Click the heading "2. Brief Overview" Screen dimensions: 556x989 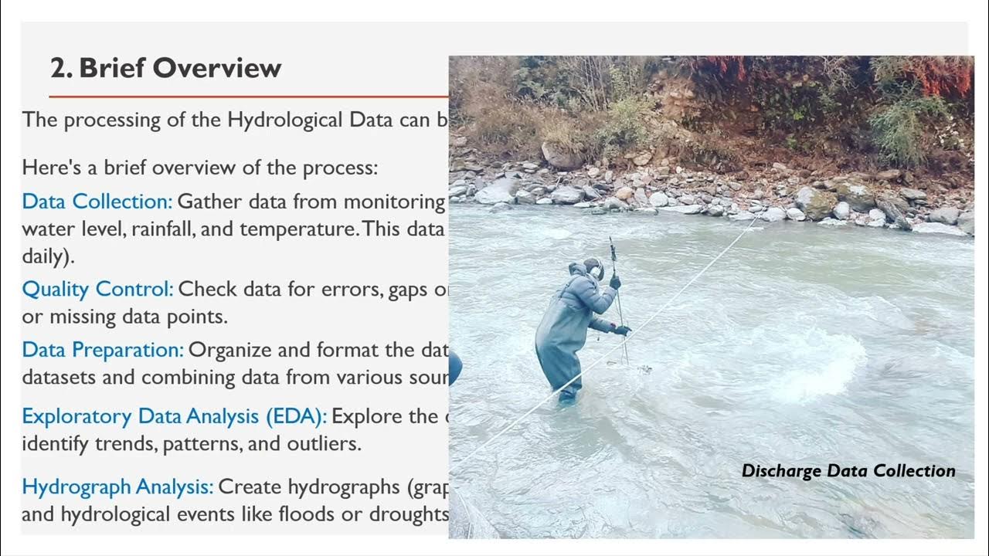[165, 68]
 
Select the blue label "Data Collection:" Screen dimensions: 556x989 [97, 202]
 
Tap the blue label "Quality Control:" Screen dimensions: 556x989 [97, 290]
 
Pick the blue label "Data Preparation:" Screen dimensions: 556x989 [103, 350]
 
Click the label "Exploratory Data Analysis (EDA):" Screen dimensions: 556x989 [174, 416]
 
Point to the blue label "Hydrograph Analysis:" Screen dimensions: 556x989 [117, 487]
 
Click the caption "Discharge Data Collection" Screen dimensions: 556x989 [848, 471]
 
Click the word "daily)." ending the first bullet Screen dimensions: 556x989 [48, 257]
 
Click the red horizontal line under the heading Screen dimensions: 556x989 [247, 97]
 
